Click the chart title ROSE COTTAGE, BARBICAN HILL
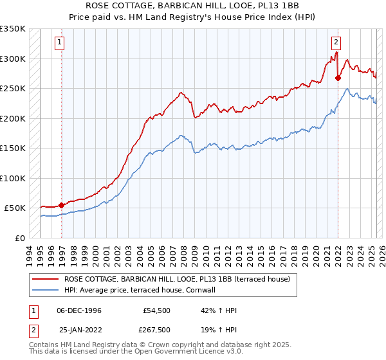click(x=192, y=6)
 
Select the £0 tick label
click(x=20, y=238)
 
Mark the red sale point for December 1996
click(x=62, y=205)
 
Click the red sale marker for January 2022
click(x=338, y=78)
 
